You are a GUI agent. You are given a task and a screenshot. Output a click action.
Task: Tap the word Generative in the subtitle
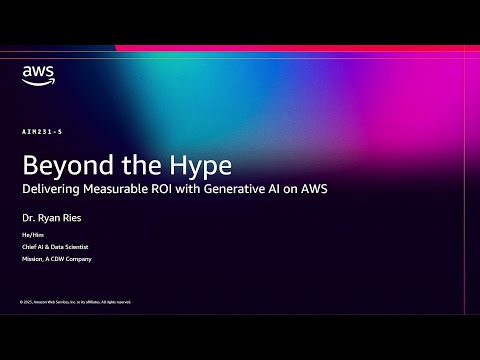(x=253, y=187)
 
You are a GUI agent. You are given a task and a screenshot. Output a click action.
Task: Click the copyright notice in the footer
(x=75, y=301)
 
